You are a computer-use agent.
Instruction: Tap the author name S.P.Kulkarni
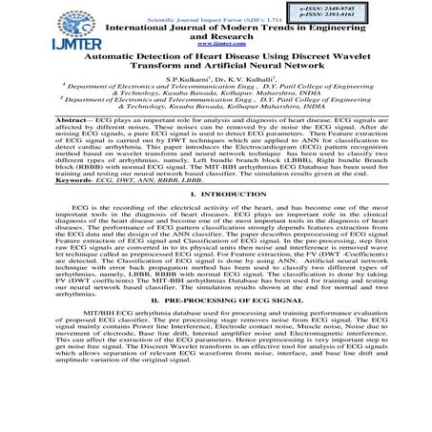[x=190, y=85]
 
